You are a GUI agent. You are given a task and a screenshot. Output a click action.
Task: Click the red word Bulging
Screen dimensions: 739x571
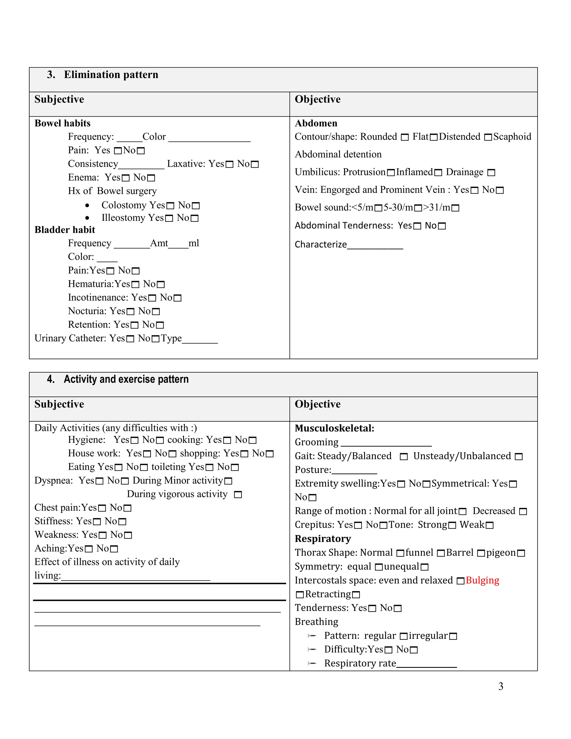482,580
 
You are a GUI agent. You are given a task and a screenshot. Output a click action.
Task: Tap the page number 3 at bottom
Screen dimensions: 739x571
501,686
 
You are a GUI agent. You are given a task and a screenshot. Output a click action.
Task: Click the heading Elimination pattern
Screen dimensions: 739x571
111,74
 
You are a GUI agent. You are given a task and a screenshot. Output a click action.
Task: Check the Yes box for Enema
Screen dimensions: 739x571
125,178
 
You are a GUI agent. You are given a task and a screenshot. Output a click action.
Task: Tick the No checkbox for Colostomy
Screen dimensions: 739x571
195,206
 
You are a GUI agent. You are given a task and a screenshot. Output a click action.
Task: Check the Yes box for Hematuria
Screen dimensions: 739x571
135,284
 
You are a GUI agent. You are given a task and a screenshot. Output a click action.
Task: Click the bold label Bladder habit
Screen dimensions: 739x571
65,230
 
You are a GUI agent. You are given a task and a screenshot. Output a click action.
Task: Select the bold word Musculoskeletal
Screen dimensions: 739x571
334,428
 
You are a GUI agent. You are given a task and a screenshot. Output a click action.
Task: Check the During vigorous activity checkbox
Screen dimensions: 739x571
238,495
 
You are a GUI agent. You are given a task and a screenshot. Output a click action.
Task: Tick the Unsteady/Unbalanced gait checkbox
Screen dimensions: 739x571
519,457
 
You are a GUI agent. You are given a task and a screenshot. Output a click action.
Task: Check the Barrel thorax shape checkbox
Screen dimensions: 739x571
481,553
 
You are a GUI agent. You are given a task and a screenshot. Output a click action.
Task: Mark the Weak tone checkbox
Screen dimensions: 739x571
490,525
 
